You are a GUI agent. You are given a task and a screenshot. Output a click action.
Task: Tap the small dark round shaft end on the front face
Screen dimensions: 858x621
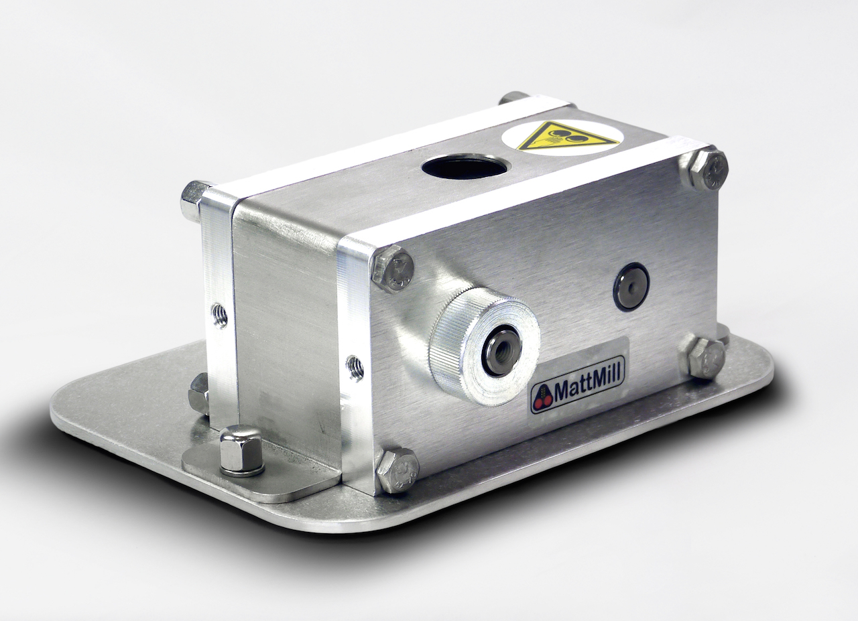[631, 285]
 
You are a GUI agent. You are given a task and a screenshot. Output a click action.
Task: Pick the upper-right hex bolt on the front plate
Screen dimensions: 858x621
[703, 170]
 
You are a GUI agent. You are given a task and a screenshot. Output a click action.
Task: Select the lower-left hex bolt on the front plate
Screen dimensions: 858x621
[398, 470]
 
